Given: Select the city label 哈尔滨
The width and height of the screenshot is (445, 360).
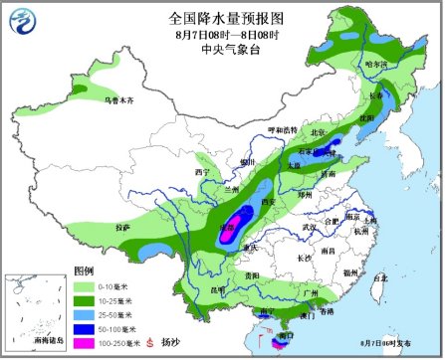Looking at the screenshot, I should point(377,65).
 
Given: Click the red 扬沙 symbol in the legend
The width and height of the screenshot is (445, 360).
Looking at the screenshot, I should point(150,342).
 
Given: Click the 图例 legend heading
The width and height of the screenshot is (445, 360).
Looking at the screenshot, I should point(83,270).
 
